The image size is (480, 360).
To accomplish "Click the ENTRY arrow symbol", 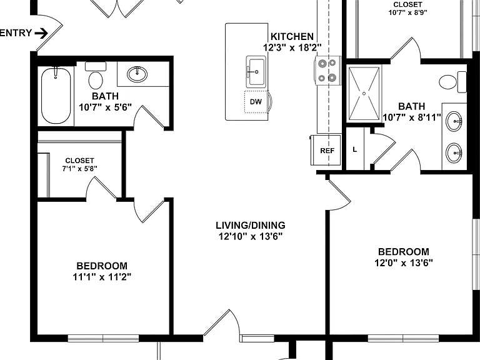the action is pos(42,33).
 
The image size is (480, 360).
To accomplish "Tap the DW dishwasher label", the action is pos(256,102).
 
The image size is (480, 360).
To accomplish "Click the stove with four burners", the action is pos(327,71).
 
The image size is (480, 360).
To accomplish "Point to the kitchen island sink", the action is pos(256,72).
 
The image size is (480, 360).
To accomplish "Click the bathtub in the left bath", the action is pos(56,96).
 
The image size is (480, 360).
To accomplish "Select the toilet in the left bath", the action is pos(96,75).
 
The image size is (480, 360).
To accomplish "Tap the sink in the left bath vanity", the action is pos(137,74).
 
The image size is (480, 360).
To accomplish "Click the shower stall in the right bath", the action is pos(364,93).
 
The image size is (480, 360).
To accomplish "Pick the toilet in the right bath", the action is pos(452,82).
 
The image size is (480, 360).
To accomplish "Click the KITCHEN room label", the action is pos(292,37).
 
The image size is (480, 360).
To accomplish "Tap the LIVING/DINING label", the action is pos(251,225).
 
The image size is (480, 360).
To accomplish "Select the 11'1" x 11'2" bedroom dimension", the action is pos(102,277).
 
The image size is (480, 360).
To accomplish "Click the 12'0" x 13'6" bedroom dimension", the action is pos(404,262).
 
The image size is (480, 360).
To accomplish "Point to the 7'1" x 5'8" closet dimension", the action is pos(79,168).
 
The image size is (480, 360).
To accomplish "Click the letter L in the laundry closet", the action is pos(354,150).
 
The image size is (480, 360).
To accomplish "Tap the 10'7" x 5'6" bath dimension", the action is pos(105,107).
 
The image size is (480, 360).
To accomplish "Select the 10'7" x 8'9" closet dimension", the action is pos(407,12).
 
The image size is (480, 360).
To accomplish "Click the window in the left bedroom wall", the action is pos(103,338).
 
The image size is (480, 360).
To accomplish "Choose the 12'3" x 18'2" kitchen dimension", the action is pos(292,47).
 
